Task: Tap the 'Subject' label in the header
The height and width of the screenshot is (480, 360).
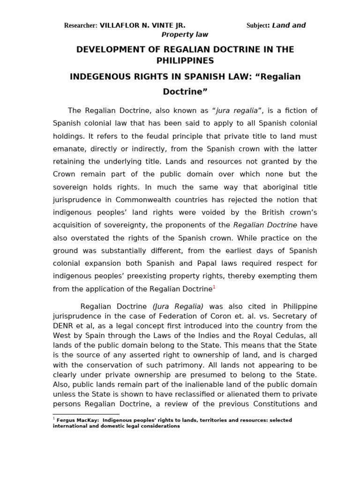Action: [256, 26]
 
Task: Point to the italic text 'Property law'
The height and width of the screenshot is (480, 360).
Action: [185, 35]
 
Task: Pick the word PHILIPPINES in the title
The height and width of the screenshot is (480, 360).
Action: [185, 61]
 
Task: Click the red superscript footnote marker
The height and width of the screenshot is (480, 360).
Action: [214, 287]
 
